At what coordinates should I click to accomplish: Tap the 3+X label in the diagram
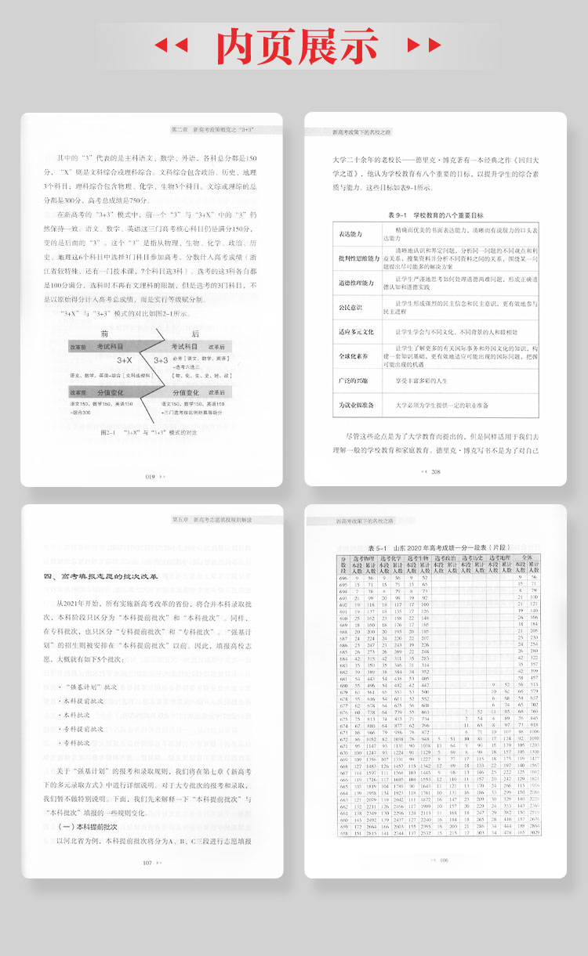125,360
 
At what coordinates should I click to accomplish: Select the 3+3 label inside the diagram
161,360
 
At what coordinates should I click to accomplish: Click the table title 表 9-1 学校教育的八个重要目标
436,214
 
